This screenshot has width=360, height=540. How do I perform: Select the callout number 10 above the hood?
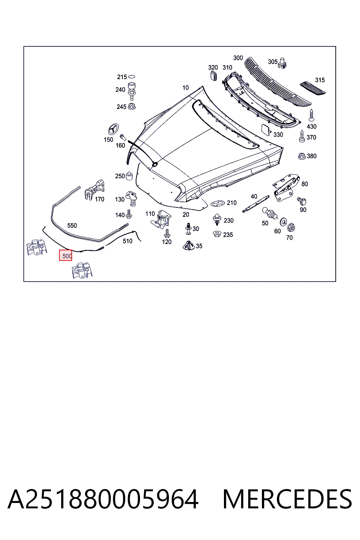tap(185, 88)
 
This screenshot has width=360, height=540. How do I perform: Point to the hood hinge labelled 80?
tap(287, 187)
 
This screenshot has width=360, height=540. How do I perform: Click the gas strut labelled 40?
tap(256, 204)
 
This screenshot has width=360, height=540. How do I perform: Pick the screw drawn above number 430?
tap(311, 115)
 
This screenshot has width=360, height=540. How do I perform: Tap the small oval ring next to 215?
tap(131, 77)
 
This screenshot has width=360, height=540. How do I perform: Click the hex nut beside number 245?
tap(131, 106)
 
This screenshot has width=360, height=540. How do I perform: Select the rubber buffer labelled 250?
tap(129, 176)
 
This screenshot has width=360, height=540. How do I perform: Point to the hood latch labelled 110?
tap(161, 219)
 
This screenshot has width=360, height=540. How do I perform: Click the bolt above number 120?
tap(167, 233)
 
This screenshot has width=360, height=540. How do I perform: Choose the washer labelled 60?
tap(283, 221)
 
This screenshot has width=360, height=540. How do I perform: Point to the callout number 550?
tap(72, 226)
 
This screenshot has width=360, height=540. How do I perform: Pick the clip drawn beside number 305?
tap(282, 63)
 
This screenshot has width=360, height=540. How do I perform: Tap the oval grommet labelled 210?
tap(218, 203)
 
